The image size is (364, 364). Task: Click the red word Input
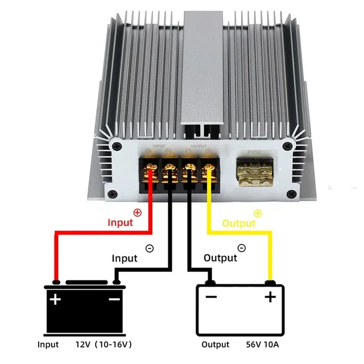(x=120, y=222)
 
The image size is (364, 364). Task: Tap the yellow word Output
(x=239, y=224)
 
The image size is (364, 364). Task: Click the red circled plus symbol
(x=136, y=213)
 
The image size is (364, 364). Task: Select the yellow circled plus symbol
(x=258, y=213)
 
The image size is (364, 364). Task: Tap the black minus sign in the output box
(x=212, y=296)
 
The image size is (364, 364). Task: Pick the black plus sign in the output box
(x=270, y=296)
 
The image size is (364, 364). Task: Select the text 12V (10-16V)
(x=104, y=345)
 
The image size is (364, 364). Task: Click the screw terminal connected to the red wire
(x=152, y=169)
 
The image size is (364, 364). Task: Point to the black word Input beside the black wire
(x=125, y=258)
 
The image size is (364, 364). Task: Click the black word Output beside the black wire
(x=220, y=258)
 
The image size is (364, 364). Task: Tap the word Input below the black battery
(x=48, y=345)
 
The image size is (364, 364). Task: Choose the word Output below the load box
(x=216, y=345)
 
